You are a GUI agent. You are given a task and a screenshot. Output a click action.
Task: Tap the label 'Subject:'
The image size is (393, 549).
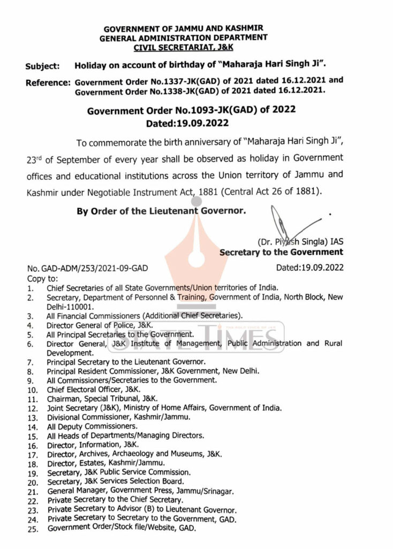(42, 67)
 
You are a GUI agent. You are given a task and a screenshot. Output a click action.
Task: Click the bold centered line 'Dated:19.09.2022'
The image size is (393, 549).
(184, 123)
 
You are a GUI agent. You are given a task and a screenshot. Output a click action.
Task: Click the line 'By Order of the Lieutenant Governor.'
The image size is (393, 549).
(161, 211)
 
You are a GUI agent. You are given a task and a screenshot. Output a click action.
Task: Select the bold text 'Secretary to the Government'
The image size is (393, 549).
(281, 252)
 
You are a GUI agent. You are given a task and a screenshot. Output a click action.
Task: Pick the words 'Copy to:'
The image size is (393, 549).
(42, 279)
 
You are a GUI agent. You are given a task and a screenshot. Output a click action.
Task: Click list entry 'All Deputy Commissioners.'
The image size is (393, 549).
(88, 426)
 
